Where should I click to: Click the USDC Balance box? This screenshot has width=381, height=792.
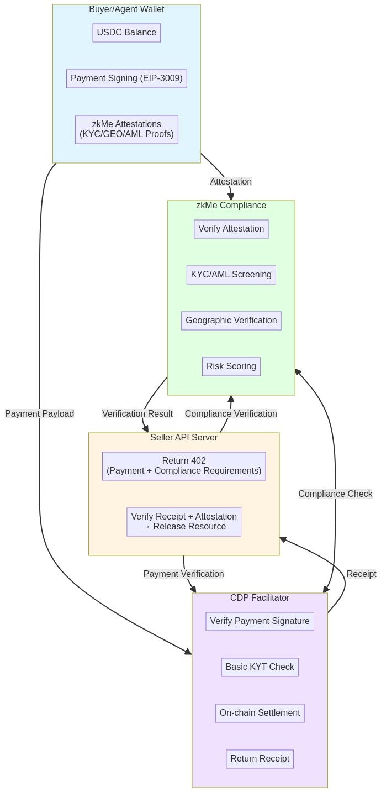[x=126, y=33]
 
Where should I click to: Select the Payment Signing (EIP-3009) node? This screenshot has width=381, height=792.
[x=126, y=78]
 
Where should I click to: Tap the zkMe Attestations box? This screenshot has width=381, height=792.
[x=126, y=129]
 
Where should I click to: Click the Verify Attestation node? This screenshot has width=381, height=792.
[x=231, y=229]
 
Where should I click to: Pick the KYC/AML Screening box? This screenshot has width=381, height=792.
[x=231, y=275]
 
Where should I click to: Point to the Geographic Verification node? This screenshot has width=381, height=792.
[x=231, y=321]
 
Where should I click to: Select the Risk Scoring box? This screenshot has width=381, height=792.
[x=231, y=366]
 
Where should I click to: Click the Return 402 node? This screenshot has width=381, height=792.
[x=184, y=466]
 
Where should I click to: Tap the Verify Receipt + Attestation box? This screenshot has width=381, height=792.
[x=184, y=522]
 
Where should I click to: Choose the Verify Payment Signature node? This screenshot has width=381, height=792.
[x=260, y=621]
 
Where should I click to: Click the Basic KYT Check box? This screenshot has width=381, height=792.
[x=260, y=667]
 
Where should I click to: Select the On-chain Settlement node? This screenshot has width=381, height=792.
[x=260, y=713]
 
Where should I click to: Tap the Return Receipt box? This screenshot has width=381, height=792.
[x=260, y=759]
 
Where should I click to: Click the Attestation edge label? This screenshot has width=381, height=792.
[x=231, y=182]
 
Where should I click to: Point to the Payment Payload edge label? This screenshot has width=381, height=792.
[x=39, y=414]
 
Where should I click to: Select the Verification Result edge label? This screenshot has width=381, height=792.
[x=137, y=414]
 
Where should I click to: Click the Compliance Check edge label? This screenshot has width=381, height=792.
[x=335, y=494]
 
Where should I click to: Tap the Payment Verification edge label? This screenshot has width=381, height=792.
[x=183, y=574]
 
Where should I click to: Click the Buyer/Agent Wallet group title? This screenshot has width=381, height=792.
[x=126, y=9]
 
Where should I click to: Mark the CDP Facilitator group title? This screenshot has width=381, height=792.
[x=260, y=598]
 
